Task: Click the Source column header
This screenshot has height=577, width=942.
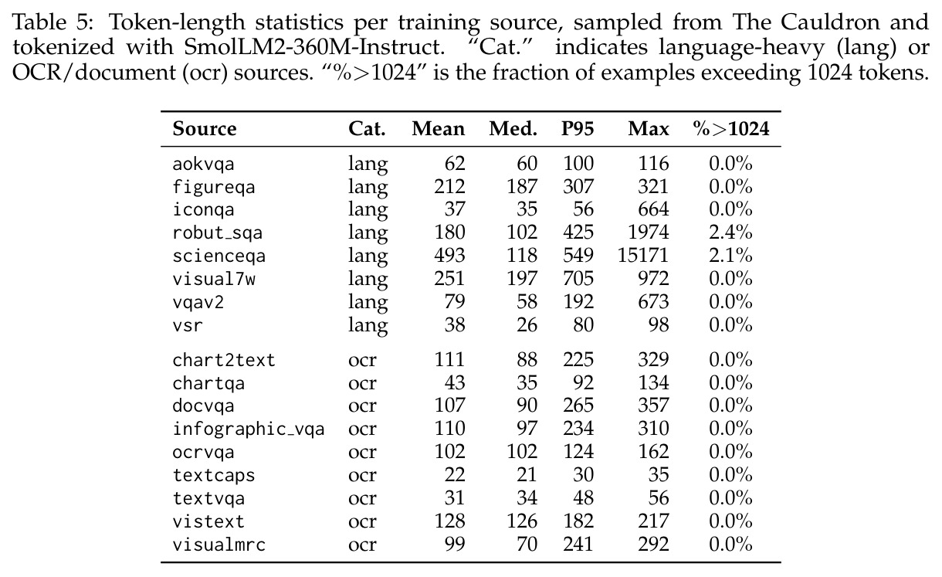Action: (x=205, y=129)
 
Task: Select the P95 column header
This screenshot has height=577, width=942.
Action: (x=578, y=129)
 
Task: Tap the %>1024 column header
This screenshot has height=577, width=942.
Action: (x=731, y=129)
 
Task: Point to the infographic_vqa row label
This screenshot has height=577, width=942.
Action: (x=249, y=429)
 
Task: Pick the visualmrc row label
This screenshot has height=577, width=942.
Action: (x=219, y=545)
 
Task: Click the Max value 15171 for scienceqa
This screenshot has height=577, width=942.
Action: (x=642, y=256)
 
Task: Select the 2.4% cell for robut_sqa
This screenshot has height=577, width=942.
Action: (x=730, y=232)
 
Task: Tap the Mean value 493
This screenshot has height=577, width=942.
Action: (x=449, y=256)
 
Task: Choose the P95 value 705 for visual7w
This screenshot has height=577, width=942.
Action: (x=578, y=279)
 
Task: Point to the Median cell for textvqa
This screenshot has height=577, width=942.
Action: (x=527, y=498)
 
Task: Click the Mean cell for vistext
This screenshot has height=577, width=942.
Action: (x=449, y=521)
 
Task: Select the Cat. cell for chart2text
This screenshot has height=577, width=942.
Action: (x=362, y=361)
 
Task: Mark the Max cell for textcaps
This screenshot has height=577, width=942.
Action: (x=658, y=475)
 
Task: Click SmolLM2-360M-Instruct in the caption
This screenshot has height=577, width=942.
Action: (x=314, y=46)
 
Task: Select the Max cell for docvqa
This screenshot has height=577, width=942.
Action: (x=653, y=406)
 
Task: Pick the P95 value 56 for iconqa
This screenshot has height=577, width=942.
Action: (x=583, y=209)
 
